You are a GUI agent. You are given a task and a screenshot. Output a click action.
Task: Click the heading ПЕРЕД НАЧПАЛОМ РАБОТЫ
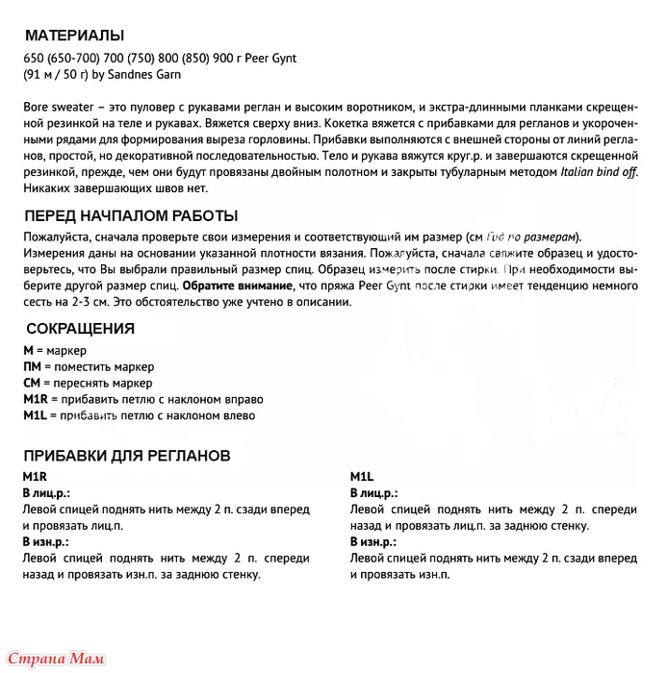(x=131, y=215)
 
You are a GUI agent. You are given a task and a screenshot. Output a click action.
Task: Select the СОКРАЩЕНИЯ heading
(x=79, y=328)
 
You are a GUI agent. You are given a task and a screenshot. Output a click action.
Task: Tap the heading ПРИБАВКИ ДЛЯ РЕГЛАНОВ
(x=126, y=455)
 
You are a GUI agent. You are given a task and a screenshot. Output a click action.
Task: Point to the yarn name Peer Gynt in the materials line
(x=270, y=58)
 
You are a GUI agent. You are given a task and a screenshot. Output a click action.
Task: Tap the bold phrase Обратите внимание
(x=237, y=286)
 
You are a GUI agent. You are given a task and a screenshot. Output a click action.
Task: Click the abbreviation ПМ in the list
(x=32, y=366)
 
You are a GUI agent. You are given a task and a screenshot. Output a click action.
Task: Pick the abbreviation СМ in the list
(x=32, y=382)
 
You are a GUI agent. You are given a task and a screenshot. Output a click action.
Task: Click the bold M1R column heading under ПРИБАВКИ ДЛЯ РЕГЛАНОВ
(x=36, y=477)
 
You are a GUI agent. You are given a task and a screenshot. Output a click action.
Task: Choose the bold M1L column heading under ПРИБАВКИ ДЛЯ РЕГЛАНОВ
(x=362, y=477)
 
